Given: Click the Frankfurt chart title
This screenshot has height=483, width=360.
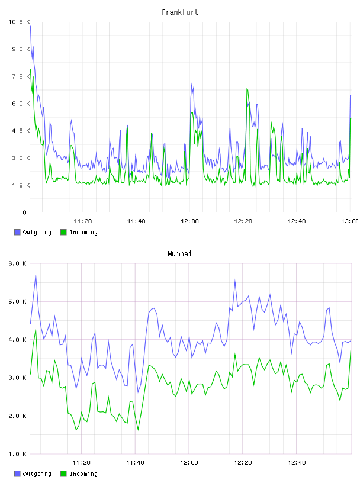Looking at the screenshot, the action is click(180, 12).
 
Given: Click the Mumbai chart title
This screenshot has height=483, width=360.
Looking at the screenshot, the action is click(179, 253).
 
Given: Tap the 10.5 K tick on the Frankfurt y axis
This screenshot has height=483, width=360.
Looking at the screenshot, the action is click(19, 22).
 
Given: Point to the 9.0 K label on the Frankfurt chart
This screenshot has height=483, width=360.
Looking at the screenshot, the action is click(21, 49).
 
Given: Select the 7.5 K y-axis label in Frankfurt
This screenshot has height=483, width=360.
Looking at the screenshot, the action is click(21, 76).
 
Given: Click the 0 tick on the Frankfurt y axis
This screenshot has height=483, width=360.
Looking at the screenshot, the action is click(24, 212).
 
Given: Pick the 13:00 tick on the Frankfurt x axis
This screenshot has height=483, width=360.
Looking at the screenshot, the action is click(349, 221).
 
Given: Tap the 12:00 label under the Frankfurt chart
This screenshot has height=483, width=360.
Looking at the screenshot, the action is click(189, 221).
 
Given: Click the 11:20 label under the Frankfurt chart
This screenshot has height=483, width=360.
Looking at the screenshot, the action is click(83, 221).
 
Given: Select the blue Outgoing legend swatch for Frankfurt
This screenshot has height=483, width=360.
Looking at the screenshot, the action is click(17, 232).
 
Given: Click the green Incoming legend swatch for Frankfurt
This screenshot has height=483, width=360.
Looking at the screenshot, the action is click(63, 232).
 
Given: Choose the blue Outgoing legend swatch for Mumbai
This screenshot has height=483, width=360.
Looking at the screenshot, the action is click(17, 474).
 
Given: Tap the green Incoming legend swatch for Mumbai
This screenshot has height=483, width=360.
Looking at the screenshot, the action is click(63, 474).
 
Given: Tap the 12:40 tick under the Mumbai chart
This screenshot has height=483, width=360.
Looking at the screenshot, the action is click(297, 462).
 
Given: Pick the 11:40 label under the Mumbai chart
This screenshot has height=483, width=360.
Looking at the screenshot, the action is click(135, 462).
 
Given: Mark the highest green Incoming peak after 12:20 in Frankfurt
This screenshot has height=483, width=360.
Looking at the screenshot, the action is click(247, 89).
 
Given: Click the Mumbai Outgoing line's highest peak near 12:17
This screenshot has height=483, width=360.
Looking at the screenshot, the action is click(235, 281).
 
